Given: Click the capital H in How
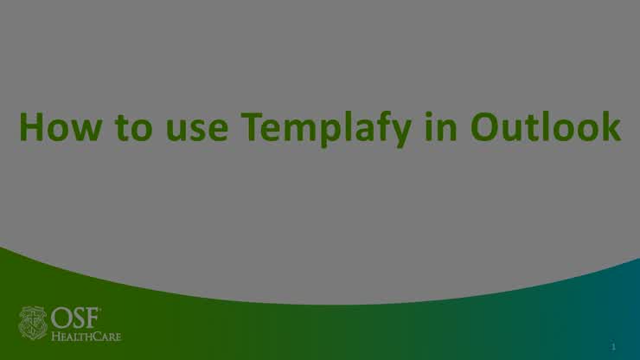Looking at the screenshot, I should tap(33, 127).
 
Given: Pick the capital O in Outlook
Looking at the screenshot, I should tap(485, 127).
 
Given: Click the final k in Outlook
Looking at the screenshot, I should tap(610, 127).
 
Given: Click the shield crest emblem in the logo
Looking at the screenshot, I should tap(34, 322).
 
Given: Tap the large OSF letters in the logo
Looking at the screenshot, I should tap(75, 317).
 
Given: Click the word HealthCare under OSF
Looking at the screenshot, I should tap(86, 336).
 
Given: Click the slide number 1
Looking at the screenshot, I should tap(612, 346).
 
